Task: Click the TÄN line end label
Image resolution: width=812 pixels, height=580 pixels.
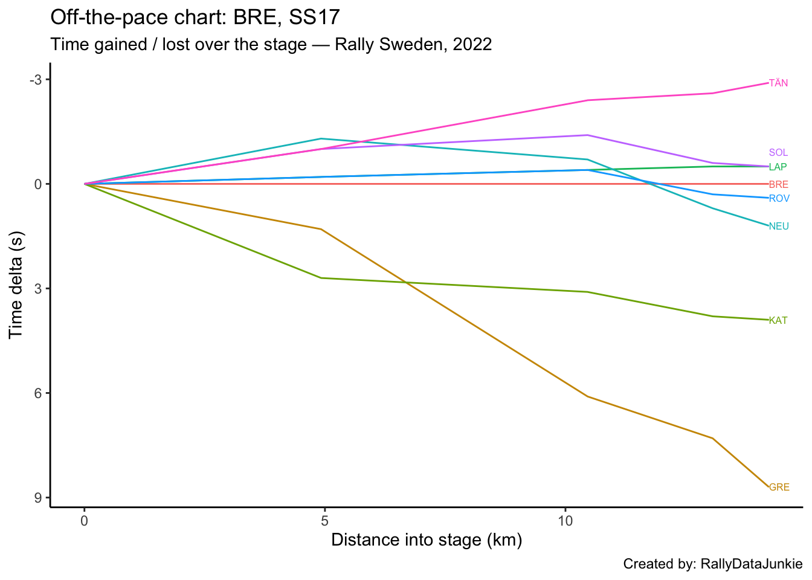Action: tap(778, 83)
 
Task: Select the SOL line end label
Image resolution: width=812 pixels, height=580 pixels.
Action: tap(778, 153)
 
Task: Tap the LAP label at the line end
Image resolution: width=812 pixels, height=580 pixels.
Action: tap(778, 167)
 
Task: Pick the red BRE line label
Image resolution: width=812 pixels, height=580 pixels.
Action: tap(778, 185)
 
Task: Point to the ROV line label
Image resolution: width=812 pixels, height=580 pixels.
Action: tap(779, 199)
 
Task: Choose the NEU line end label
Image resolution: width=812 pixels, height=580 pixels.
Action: tap(779, 227)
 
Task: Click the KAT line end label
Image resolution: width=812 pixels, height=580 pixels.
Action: tap(778, 321)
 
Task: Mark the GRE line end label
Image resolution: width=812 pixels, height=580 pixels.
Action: tap(779, 488)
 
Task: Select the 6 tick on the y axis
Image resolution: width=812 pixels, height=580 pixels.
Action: tap(39, 393)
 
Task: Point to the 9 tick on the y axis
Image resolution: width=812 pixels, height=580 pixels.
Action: tap(39, 498)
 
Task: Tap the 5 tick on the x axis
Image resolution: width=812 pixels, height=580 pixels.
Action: tap(324, 520)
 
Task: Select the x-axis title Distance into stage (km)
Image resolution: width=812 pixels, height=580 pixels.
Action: tap(427, 540)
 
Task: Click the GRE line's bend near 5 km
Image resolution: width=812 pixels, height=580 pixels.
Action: tap(321, 229)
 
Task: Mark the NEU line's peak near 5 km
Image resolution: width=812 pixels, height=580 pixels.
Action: tap(321, 138)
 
